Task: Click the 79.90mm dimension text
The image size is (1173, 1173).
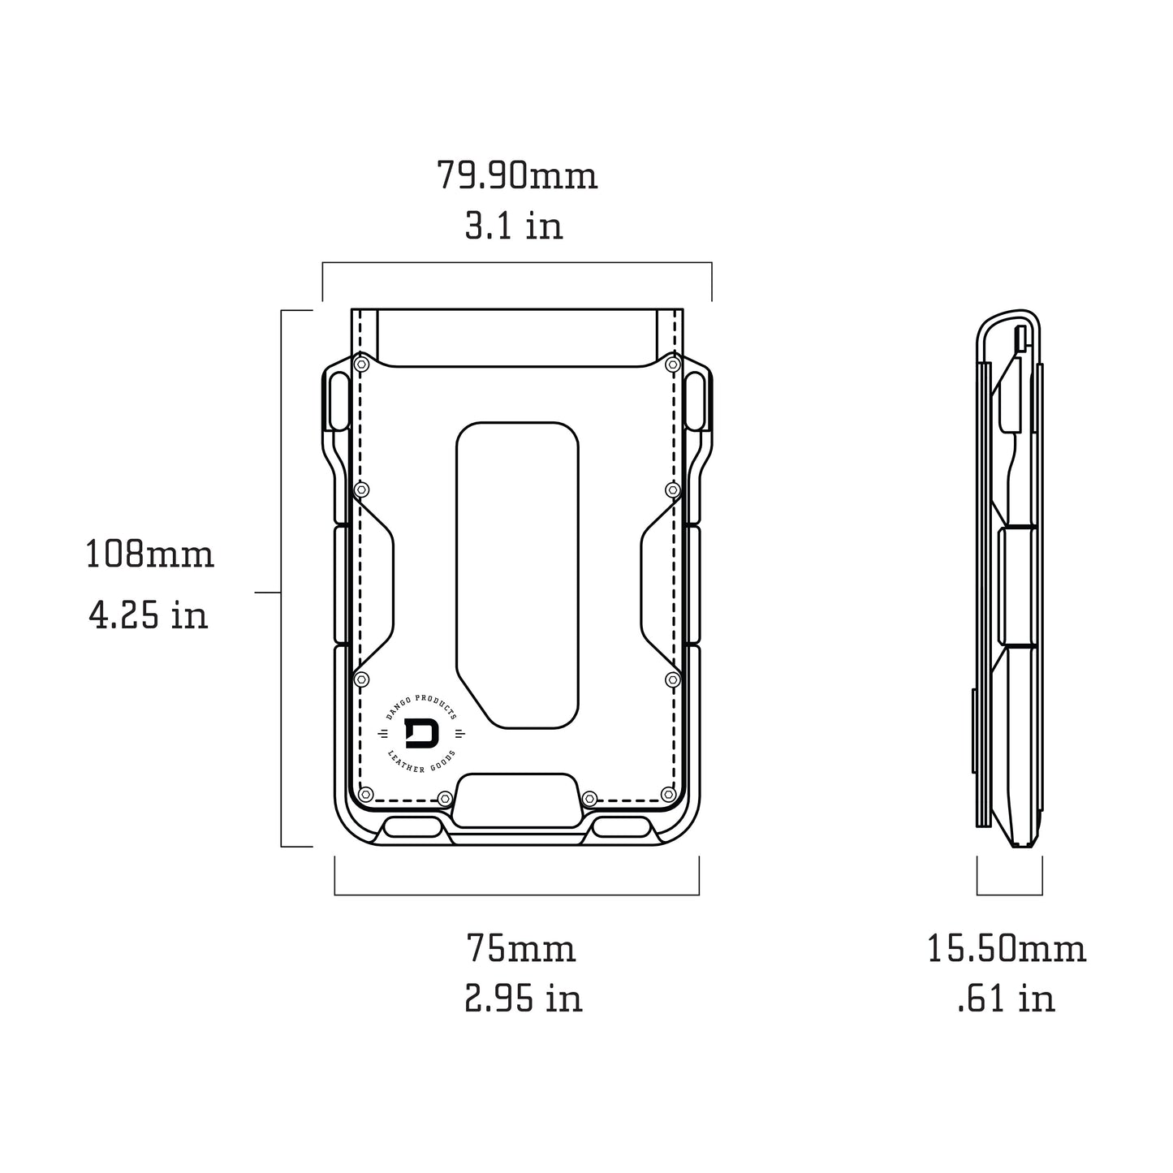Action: point(517,175)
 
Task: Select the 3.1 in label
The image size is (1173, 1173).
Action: point(513,226)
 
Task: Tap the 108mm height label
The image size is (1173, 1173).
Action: point(149,555)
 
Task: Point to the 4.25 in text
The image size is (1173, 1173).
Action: point(148,615)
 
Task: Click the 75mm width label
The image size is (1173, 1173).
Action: point(520,948)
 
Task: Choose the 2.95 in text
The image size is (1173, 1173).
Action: point(524,998)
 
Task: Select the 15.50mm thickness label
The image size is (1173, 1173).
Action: point(1006,948)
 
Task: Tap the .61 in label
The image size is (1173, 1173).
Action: point(1006,998)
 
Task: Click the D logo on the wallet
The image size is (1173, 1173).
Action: point(420,734)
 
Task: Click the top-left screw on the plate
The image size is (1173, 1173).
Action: point(362,365)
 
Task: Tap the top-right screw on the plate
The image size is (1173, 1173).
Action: point(672,365)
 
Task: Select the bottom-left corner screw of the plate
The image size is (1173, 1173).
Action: point(365,794)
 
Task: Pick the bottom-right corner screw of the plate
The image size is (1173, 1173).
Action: point(668,794)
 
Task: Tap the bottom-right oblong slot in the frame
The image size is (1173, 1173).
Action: point(623,828)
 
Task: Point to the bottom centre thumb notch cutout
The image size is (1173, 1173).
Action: point(517,797)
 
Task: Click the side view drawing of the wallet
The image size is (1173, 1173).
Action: point(1009,578)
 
